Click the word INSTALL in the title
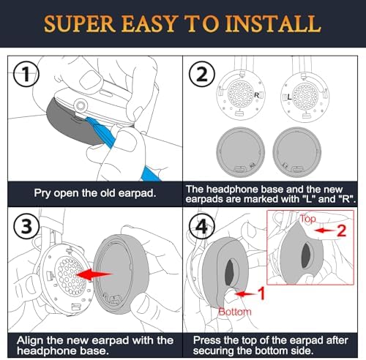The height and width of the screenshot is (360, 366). click(x=272, y=23)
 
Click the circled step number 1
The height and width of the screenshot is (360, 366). click(x=26, y=74)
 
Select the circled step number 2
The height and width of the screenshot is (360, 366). click(x=202, y=75)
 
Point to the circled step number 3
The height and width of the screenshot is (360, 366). click(x=27, y=226)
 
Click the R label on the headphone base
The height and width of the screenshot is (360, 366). click(x=256, y=95)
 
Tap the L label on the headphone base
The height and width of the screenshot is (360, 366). click(x=289, y=97)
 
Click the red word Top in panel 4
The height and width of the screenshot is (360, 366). click(x=308, y=219)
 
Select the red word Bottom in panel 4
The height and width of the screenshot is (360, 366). click(x=235, y=312)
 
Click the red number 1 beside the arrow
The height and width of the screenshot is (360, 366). click(x=261, y=293)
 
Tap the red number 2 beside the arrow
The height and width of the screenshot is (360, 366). click(x=341, y=230)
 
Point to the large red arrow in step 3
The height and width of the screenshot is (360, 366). click(x=94, y=274)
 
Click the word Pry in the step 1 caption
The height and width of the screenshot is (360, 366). click(x=42, y=193)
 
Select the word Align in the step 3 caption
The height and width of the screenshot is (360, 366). click(x=31, y=340)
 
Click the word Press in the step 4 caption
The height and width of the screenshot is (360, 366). click(x=206, y=340)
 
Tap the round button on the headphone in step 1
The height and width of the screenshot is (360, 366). click(x=81, y=105)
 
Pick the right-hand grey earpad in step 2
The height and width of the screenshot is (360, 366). click(x=297, y=152)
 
